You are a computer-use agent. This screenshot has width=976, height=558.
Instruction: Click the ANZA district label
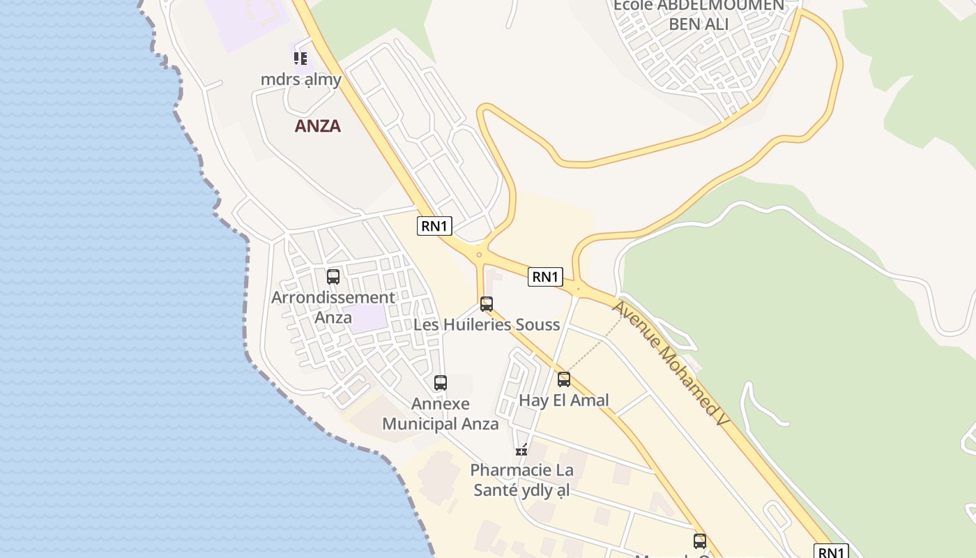[x=318, y=126]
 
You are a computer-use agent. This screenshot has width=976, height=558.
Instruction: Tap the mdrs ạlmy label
[x=301, y=79]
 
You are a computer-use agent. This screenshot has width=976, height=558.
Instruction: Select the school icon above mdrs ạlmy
[x=300, y=59]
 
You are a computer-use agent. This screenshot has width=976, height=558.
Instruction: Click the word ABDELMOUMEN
[x=699, y=6]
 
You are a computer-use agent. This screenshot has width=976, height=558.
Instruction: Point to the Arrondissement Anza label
[x=333, y=307]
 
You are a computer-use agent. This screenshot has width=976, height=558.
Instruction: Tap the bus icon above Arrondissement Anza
[x=333, y=277]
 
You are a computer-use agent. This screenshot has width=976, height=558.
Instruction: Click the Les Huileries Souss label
[x=487, y=324]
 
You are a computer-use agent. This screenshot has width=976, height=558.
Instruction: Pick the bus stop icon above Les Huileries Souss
[x=487, y=304]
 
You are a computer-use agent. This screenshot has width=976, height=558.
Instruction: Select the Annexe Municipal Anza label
[x=441, y=414]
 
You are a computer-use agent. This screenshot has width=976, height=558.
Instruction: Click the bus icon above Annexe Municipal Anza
[x=441, y=383]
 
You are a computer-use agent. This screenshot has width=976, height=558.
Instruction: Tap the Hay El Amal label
[x=564, y=400]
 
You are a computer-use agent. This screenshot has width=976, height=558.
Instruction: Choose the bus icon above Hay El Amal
[x=564, y=379]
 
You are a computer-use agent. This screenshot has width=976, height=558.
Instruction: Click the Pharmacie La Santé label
[x=521, y=480]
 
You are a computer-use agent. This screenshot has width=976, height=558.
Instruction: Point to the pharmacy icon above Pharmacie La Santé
[x=521, y=449]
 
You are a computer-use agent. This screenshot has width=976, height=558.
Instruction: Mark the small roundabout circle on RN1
[x=479, y=255]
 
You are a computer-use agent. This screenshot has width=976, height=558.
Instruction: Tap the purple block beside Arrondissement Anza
[x=368, y=319]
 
